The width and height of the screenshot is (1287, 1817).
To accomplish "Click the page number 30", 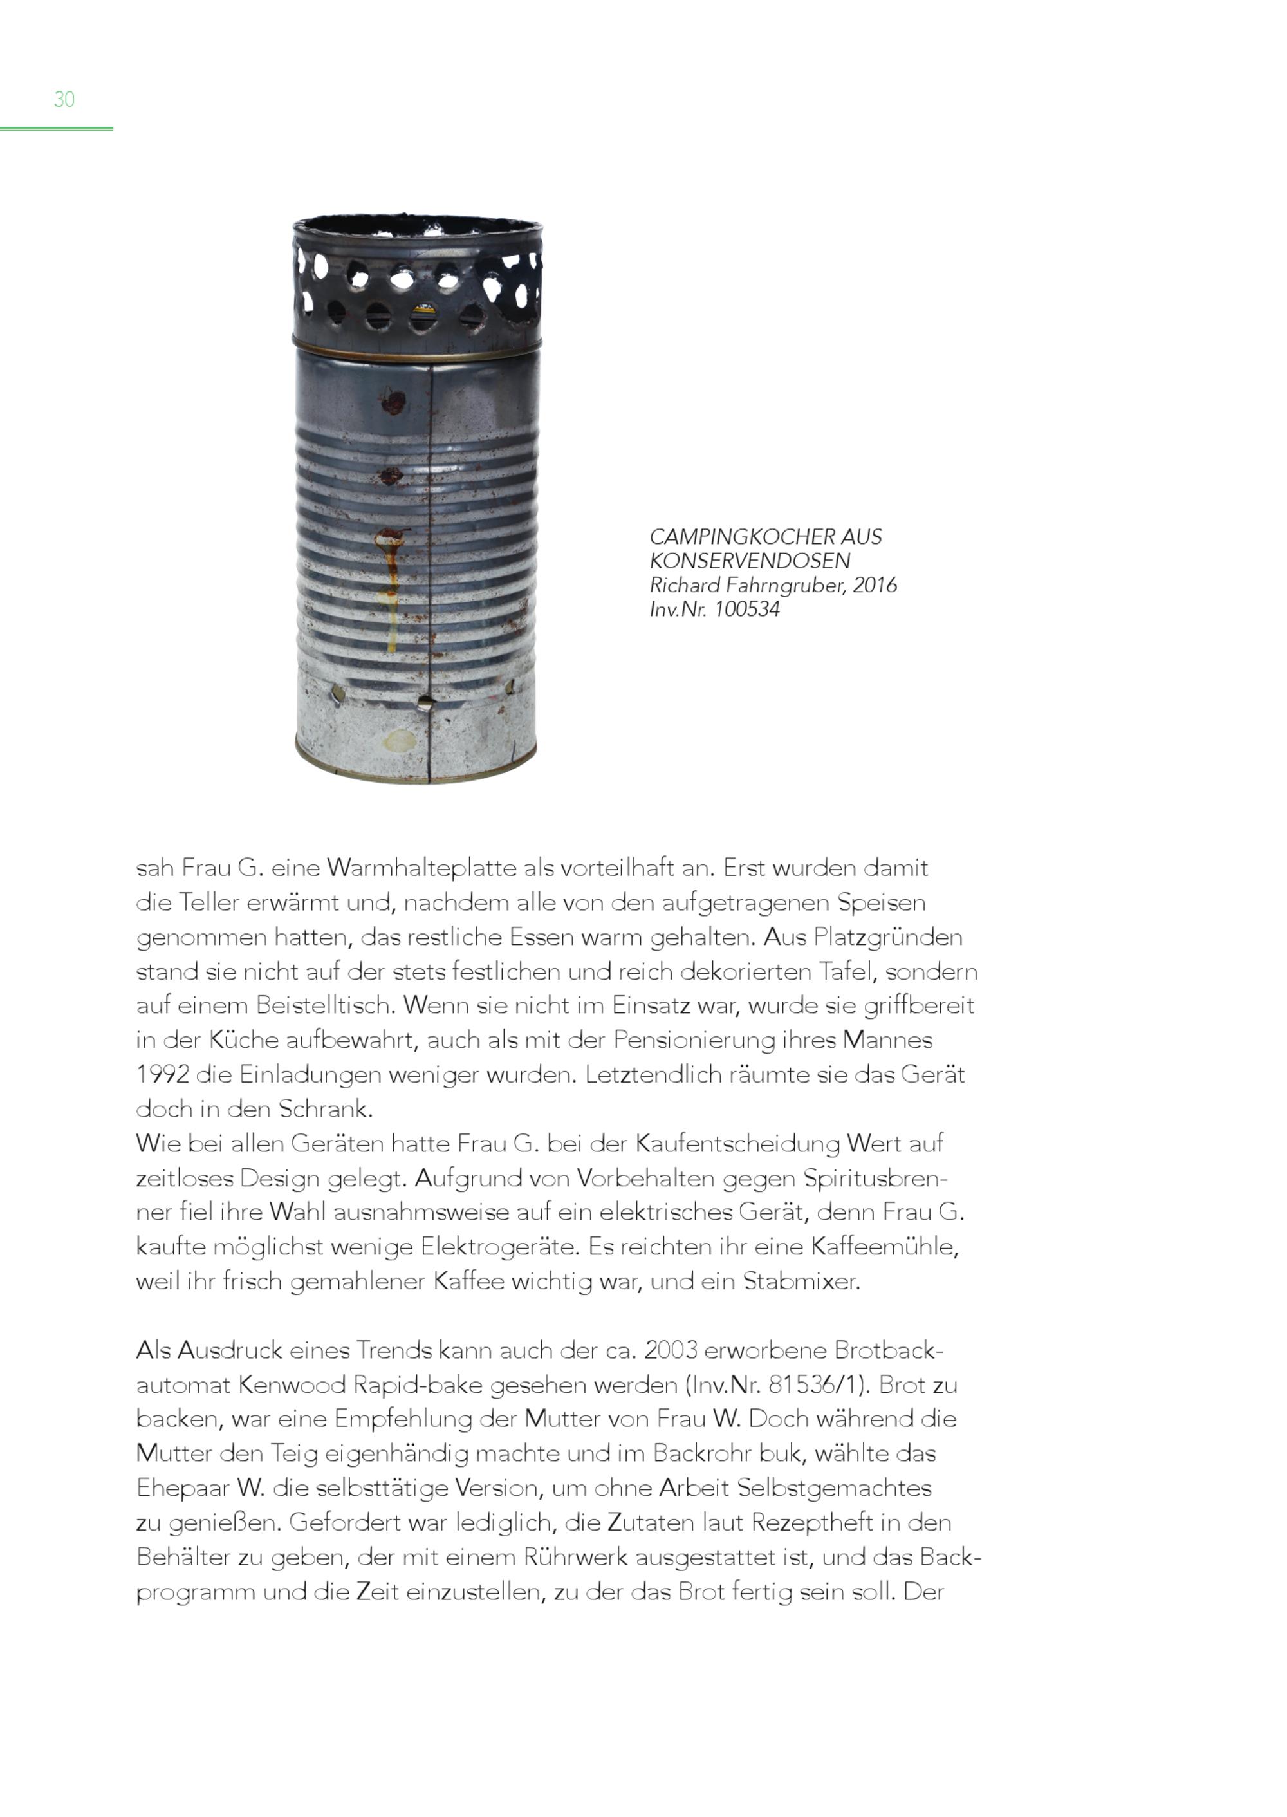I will (x=64, y=99).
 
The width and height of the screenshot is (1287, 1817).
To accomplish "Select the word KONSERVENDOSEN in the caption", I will (x=750, y=561).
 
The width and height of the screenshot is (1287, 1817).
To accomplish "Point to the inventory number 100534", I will (x=746, y=610).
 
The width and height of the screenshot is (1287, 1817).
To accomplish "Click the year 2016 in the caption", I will (x=875, y=585).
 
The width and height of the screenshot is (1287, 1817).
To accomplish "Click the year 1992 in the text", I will (x=162, y=1075).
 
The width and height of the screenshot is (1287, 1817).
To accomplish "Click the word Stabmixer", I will (x=801, y=1282).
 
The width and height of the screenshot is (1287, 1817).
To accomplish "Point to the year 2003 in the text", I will (x=671, y=1350).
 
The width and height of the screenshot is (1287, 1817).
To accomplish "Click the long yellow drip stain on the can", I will (x=390, y=602).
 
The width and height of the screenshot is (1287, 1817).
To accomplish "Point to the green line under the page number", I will (x=56, y=129).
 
